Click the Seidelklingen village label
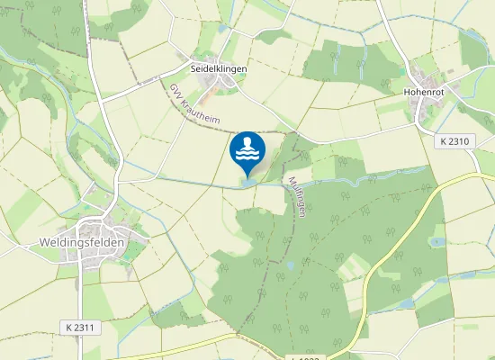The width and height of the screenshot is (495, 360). pos(219,68)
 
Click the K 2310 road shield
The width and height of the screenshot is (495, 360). pos(456,142)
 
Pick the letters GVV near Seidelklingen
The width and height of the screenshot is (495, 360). pos(175,92)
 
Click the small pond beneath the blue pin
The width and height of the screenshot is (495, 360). pos(247,184)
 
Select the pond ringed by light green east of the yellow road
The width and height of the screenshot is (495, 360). pos(437,241)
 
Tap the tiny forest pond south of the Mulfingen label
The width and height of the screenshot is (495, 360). pos(290,266)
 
